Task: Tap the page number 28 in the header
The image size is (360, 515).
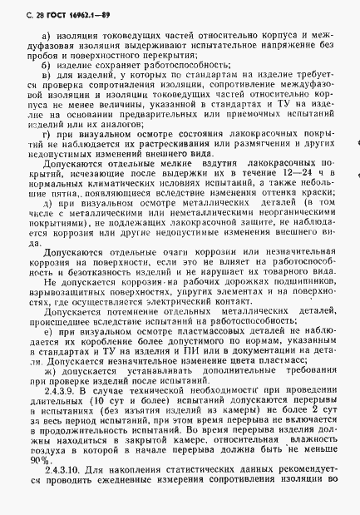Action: tap(25, 11)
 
